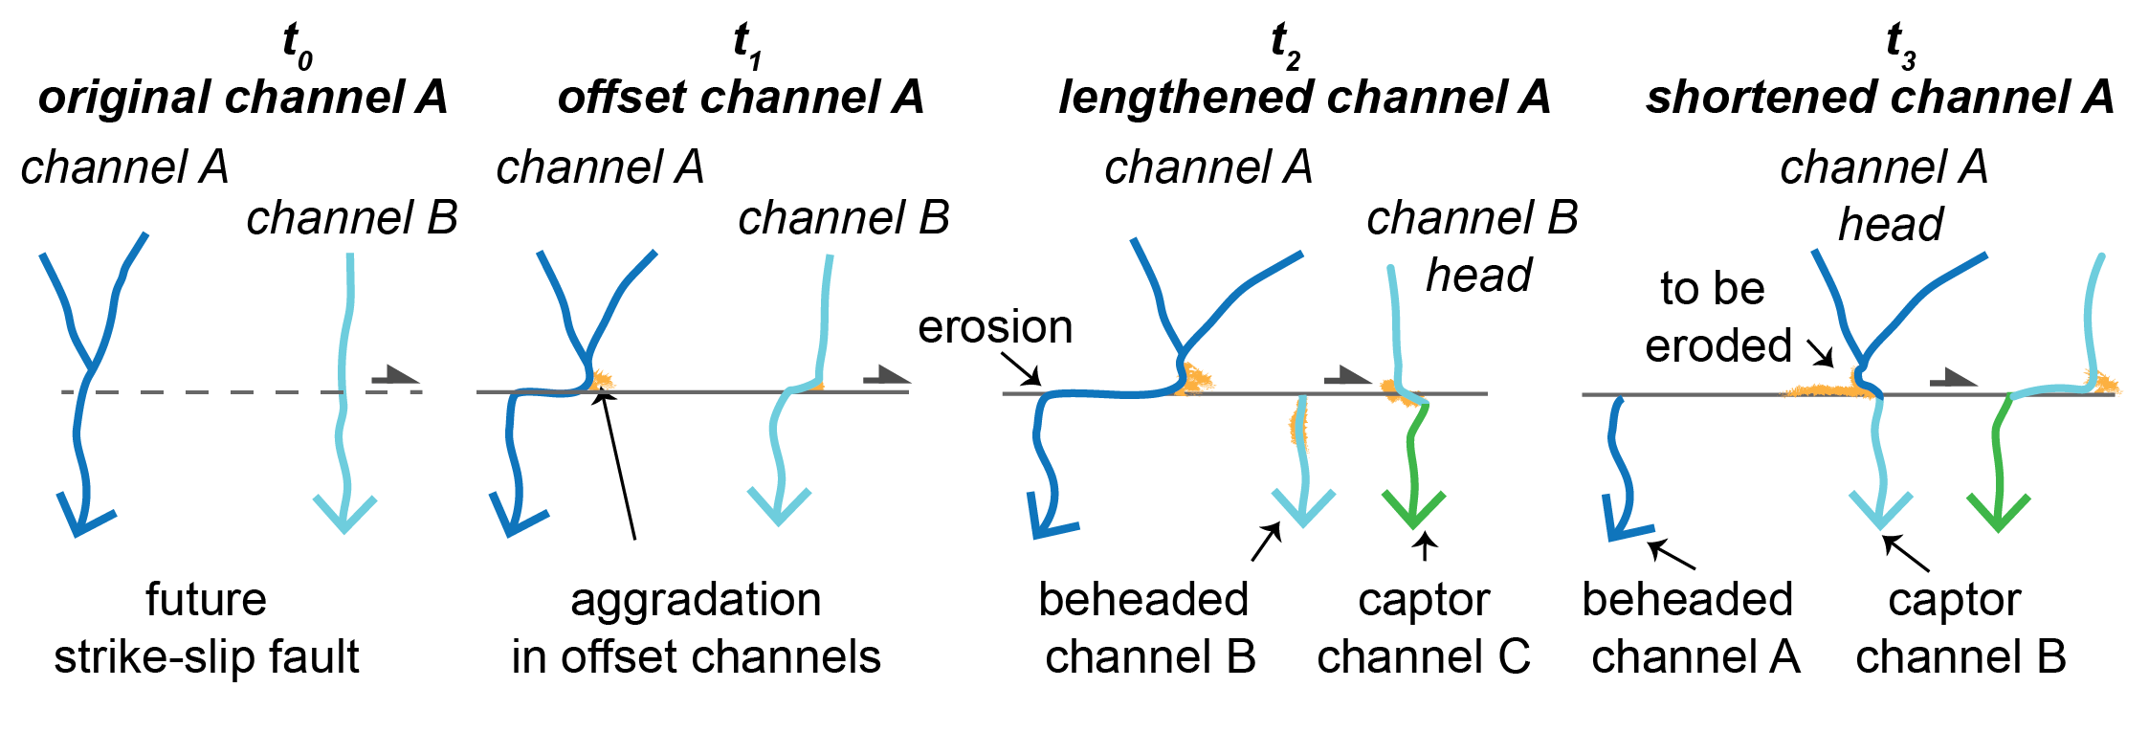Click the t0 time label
(x=298, y=45)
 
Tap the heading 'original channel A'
(x=243, y=97)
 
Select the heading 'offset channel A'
(x=741, y=97)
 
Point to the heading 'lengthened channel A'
(x=1304, y=97)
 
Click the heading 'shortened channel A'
(x=1879, y=97)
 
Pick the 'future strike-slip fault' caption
(x=207, y=628)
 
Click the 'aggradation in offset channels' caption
(x=696, y=628)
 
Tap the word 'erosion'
(x=995, y=327)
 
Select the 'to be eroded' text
(x=1716, y=317)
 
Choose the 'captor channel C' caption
(x=1424, y=628)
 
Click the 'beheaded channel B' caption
(x=1146, y=628)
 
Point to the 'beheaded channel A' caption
(x=1692, y=628)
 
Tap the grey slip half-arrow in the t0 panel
(x=394, y=375)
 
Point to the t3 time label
(x=1900, y=45)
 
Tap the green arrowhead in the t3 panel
(x=1999, y=512)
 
